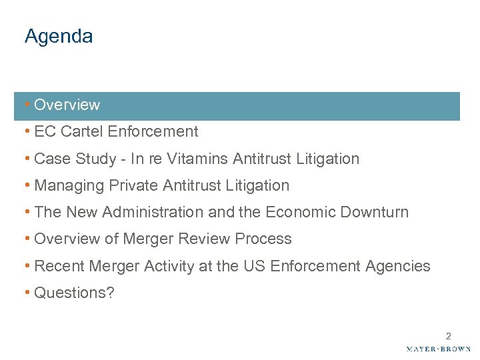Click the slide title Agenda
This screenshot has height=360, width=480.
[59, 37]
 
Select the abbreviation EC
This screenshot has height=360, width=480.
[45, 132]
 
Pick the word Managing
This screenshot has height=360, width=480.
[64, 186]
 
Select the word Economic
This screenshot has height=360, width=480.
[297, 212]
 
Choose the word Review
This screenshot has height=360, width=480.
[212, 239]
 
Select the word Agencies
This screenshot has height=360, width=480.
[397, 266]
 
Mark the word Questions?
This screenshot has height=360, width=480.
[74, 293]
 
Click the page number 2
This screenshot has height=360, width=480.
[449, 336]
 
